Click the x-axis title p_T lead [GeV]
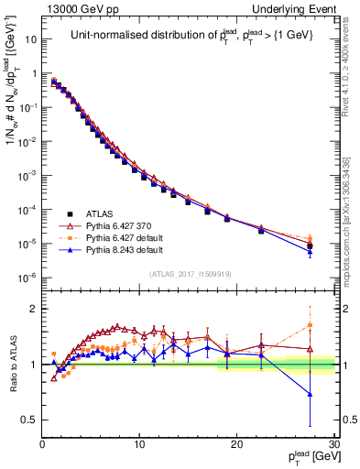[x=306, y=458]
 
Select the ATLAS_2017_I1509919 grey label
[x=189, y=274]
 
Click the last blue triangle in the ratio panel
[x=310, y=395]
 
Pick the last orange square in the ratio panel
[x=310, y=325]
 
